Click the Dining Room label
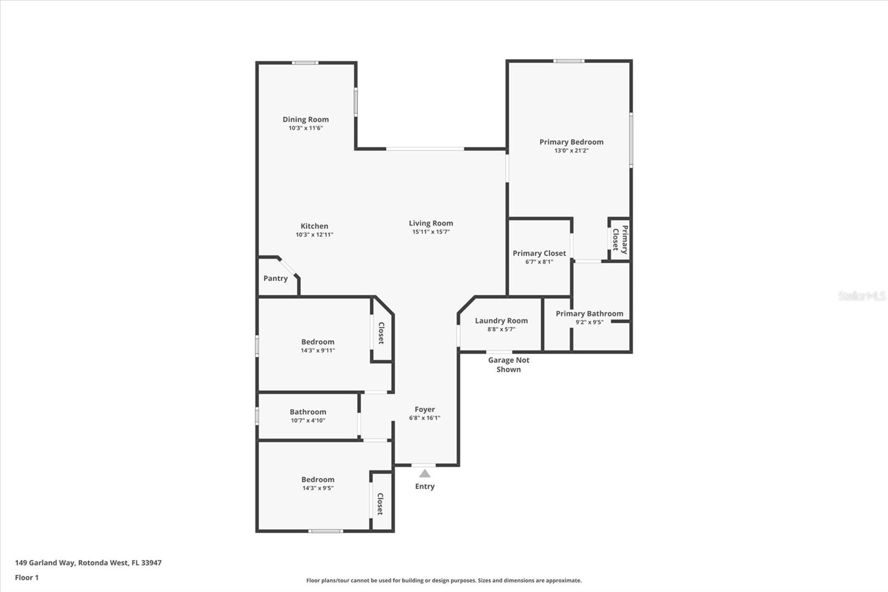point(306,119)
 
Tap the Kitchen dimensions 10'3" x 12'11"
point(314,234)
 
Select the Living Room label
point(431,223)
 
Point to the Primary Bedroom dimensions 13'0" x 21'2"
point(571,151)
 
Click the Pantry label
point(275,279)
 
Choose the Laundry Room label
point(502,320)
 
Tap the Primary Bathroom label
point(589,313)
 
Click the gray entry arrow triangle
point(425,473)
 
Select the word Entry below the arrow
point(425,486)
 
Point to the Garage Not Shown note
point(508,365)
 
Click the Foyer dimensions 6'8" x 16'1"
point(425,418)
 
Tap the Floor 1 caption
point(27,578)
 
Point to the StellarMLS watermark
point(862,296)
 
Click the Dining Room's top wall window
point(305,63)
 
